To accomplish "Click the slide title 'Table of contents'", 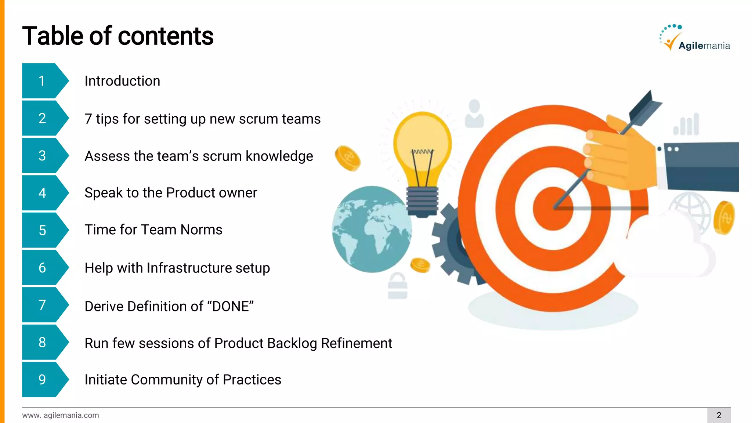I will pos(117,36).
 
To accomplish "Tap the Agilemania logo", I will pos(694,39).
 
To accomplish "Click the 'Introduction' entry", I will pos(122,81).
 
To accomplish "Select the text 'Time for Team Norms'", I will pos(153,230).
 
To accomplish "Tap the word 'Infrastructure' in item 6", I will pos(189,268).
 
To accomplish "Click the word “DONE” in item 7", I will pos(231,306).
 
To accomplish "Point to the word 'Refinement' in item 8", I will pos(356,343).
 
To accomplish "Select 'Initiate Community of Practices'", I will pos(182,380).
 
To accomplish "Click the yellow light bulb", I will pos(422,154).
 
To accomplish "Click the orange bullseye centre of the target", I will pos(553,209).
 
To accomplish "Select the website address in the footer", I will pos(61,415).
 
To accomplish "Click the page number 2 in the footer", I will pos(719,415).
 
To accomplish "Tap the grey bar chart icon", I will pos(687,125).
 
